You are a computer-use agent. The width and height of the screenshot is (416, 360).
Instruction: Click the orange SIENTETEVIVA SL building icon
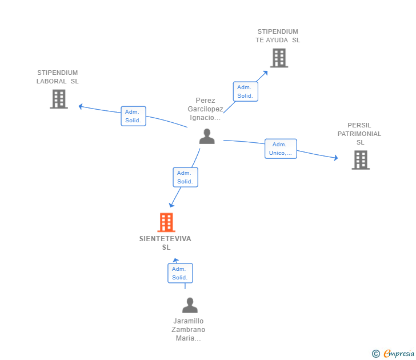click(166, 222)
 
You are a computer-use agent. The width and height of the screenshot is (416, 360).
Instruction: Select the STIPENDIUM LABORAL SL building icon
click(59, 99)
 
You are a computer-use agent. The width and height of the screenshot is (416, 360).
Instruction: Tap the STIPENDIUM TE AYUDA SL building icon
click(278, 58)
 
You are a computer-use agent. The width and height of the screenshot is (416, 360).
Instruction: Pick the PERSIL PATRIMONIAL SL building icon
click(361, 160)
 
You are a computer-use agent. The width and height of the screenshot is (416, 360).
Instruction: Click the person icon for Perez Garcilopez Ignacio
click(207, 136)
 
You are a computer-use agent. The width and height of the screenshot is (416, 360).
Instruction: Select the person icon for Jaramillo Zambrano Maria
click(190, 305)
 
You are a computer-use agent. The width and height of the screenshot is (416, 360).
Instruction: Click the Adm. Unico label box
click(281, 149)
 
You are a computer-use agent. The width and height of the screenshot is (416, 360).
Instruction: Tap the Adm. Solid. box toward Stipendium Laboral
click(133, 116)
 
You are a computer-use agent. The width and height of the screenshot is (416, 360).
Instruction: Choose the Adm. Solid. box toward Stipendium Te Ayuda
click(245, 91)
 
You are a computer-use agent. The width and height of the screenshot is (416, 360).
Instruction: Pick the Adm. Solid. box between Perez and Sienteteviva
click(185, 177)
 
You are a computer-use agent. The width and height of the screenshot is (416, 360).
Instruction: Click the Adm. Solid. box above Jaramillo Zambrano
click(180, 273)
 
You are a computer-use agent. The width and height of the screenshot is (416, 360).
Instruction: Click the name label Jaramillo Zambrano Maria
click(189, 330)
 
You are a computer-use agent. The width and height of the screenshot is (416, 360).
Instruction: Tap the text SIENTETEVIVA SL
click(165, 243)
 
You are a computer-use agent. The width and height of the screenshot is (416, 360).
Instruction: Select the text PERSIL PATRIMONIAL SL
click(360, 134)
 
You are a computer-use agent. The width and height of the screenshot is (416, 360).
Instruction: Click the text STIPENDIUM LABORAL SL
click(58, 77)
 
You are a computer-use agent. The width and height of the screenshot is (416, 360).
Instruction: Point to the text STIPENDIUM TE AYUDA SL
click(278, 35)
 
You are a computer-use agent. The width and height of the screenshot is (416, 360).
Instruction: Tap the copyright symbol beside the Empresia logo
click(376, 354)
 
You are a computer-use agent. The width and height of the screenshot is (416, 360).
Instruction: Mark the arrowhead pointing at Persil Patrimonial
click(336, 158)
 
